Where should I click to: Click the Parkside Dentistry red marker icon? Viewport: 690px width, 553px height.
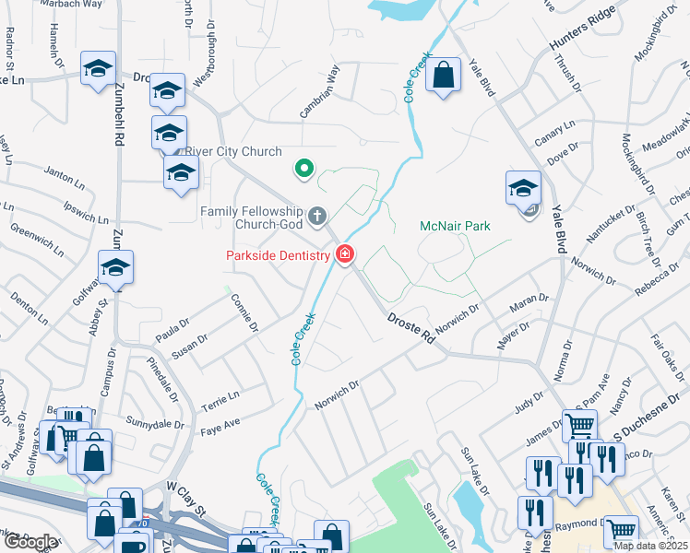coord(345,253)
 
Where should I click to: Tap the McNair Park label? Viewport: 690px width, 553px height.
coord(455,226)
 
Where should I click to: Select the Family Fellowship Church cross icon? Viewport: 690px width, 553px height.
coord(317,217)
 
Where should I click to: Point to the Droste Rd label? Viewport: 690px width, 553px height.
coord(410,328)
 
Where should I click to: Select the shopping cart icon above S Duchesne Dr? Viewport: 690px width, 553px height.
coord(579,426)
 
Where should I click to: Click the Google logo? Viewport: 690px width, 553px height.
coord(30,543)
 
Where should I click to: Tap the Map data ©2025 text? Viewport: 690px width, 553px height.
coord(649,546)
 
